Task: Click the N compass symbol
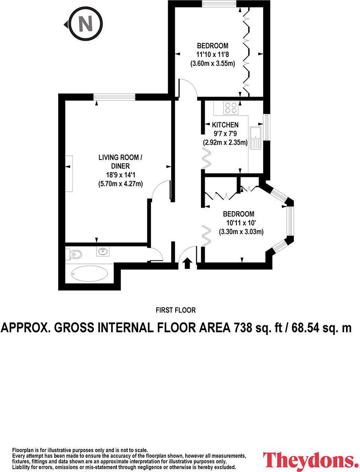(x=84, y=24)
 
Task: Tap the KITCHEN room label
(x=225, y=125)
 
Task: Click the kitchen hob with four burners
(x=231, y=108)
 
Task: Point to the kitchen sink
(x=256, y=138)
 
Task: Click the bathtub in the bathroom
(x=89, y=273)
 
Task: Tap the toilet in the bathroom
(x=74, y=255)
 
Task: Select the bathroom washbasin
(x=103, y=251)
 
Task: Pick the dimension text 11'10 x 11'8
(x=212, y=55)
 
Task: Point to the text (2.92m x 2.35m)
(x=225, y=142)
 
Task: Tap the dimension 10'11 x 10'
(x=241, y=223)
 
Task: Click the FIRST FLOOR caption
(x=176, y=310)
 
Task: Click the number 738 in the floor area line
(x=241, y=328)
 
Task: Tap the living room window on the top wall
(x=114, y=96)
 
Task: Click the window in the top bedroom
(x=219, y=4)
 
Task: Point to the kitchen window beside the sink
(x=266, y=127)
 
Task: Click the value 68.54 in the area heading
(x=302, y=328)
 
